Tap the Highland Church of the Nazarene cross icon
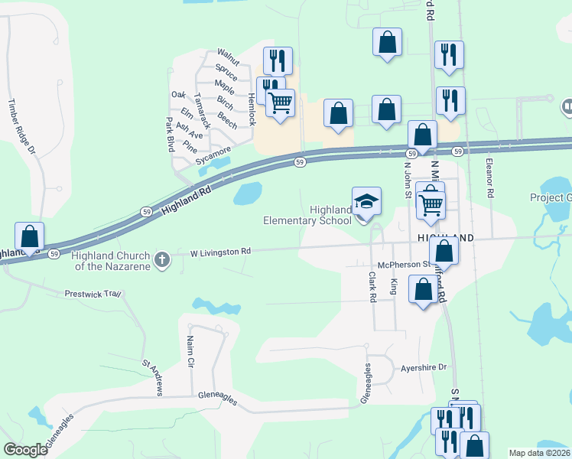point(161,259)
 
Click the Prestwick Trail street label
point(93,293)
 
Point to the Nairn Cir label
point(190,349)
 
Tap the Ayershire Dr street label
point(423,367)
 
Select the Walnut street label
point(229,56)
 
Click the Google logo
point(26,450)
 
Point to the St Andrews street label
point(151,378)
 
